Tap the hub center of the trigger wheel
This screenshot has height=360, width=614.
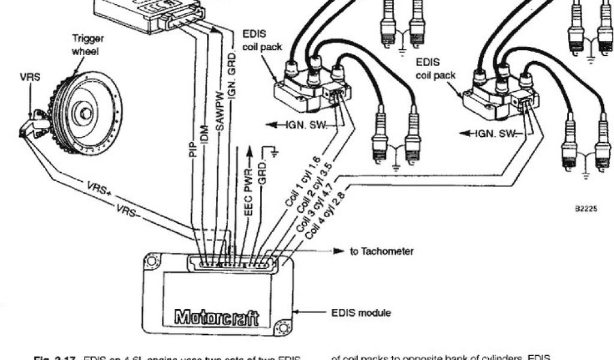(x=85, y=112)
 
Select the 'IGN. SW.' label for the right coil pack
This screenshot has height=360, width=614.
(x=496, y=133)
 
